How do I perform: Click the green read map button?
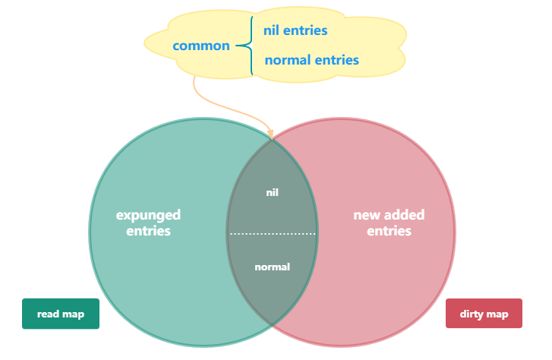(x=60, y=314)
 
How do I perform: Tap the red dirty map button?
(x=484, y=314)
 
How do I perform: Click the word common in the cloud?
(x=201, y=46)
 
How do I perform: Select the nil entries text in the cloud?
(x=295, y=30)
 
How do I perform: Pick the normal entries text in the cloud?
(x=311, y=59)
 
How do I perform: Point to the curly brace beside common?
(x=246, y=46)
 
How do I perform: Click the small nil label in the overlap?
(x=272, y=192)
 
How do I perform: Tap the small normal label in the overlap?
(x=272, y=267)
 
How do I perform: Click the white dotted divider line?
(x=272, y=233)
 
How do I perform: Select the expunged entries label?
(x=148, y=223)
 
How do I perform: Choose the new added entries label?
(x=389, y=223)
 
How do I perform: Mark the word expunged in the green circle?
(x=148, y=215)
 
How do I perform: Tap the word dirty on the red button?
(x=472, y=314)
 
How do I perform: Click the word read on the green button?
(x=48, y=314)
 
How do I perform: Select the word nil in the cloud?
(x=271, y=30)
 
